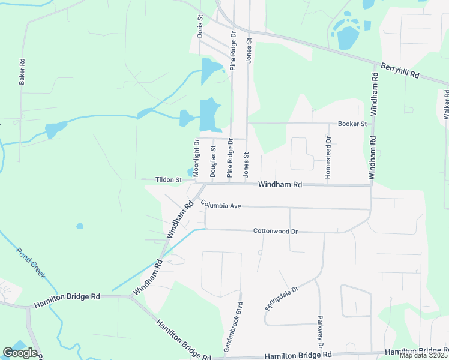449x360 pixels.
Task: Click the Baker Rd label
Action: (x=22, y=71)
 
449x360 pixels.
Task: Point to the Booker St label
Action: (x=352, y=124)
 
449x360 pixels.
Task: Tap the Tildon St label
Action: (x=169, y=179)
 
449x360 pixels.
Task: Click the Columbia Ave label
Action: (x=221, y=205)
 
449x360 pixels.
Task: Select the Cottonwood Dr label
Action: (x=276, y=230)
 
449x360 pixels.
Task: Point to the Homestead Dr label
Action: (x=328, y=157)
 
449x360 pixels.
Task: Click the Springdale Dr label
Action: (x=282, y=294)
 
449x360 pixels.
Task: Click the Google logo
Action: (x=20, y=353)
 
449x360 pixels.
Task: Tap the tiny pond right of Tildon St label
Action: (x=190, y=173)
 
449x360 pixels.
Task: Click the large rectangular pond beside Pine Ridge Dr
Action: (x=209, y=113)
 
